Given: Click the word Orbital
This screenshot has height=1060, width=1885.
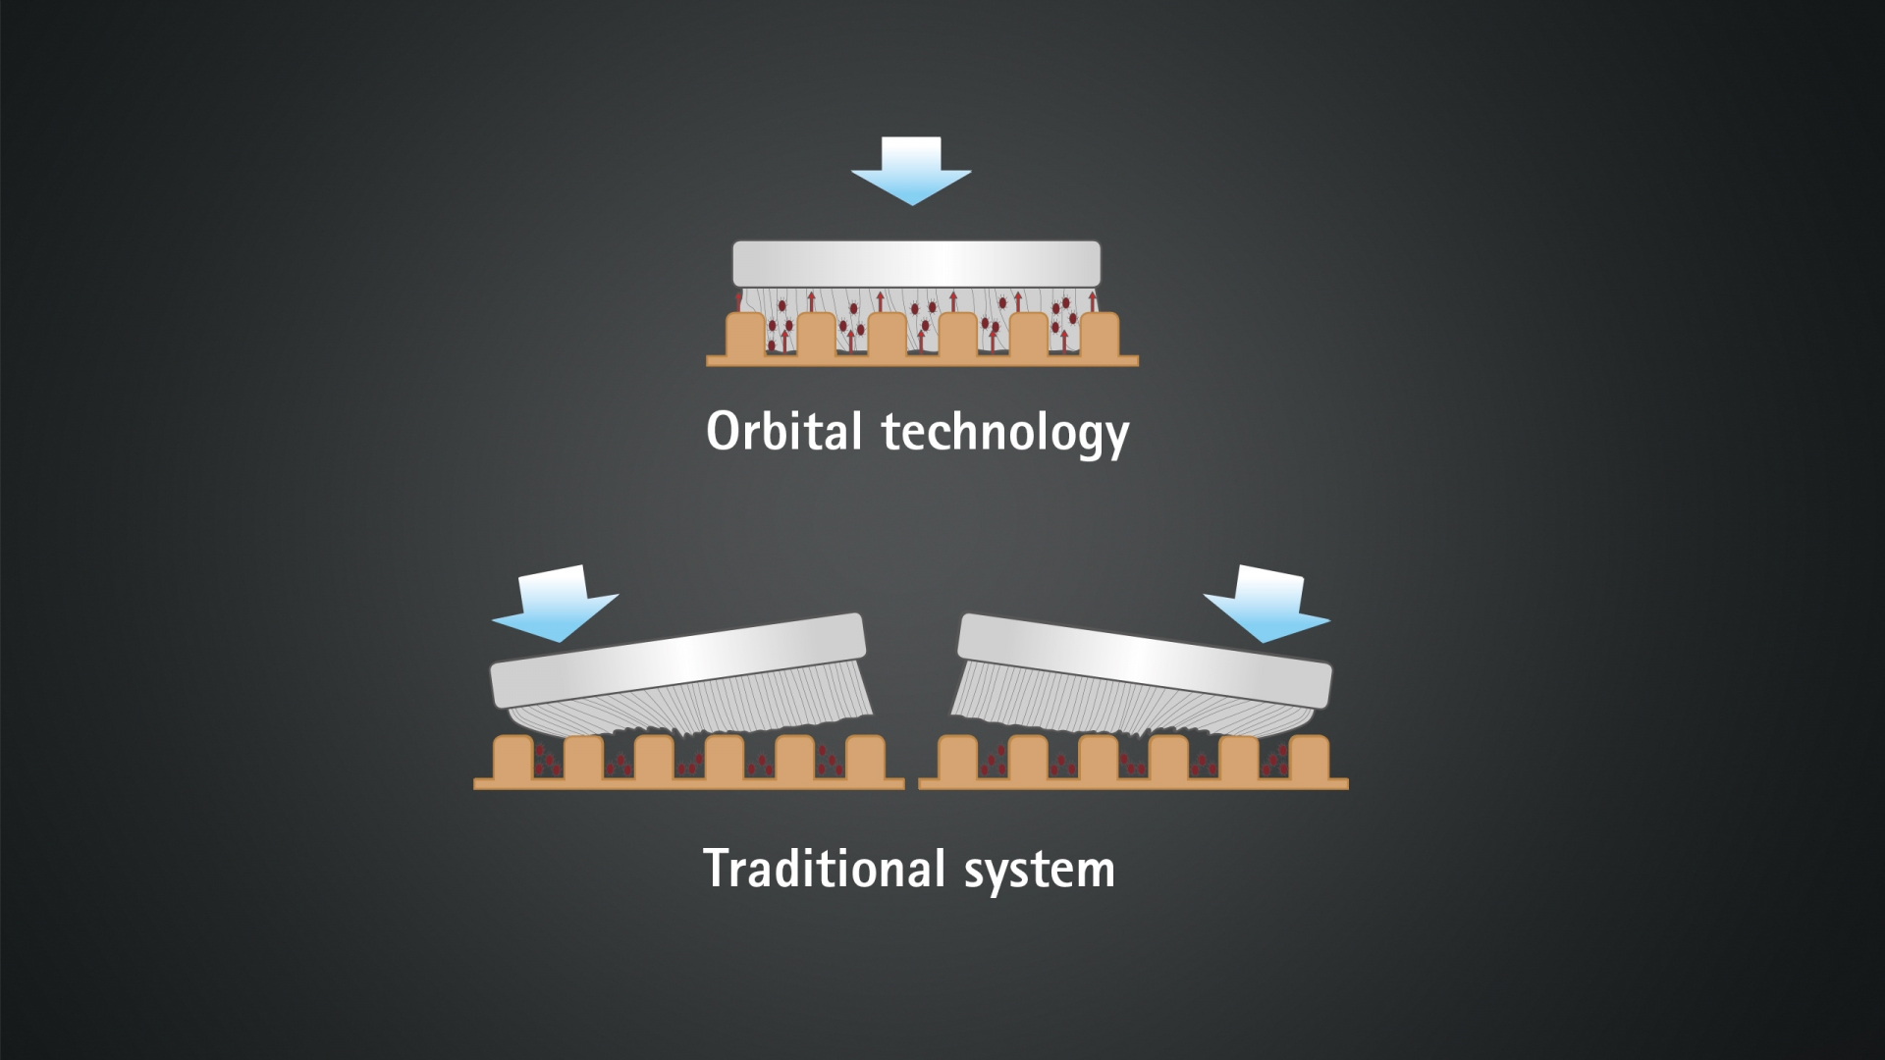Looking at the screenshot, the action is [x=784, y=431].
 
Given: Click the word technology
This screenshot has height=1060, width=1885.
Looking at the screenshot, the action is [x=1005, y=434].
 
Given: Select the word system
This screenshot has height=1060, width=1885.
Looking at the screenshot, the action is [x=1040, y=871].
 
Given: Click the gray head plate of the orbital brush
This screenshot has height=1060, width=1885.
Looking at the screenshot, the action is [x=917, y=264].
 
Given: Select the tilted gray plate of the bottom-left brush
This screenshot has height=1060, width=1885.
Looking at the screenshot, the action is [x=678, y=662].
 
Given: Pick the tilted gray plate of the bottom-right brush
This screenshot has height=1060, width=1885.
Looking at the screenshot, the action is [x=1144, y=662].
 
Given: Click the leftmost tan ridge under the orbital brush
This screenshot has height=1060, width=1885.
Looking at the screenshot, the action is [x=745, y=335].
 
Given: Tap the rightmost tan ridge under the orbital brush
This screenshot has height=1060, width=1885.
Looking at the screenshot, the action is [x=1100, y=335].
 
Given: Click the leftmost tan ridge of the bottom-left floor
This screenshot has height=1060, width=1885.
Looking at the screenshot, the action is [x=512, y=757].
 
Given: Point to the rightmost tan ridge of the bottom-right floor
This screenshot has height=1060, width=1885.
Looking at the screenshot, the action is [x=1310, y=757].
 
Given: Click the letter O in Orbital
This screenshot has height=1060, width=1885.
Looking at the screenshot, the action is [x=724, y=431].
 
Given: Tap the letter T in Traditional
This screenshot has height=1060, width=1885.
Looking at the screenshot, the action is [x=719, y=869].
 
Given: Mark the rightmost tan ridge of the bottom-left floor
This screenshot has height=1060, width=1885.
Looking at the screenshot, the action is [x=865, y=757].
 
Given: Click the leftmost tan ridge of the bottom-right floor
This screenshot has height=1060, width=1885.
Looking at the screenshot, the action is [x=957, y=757].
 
